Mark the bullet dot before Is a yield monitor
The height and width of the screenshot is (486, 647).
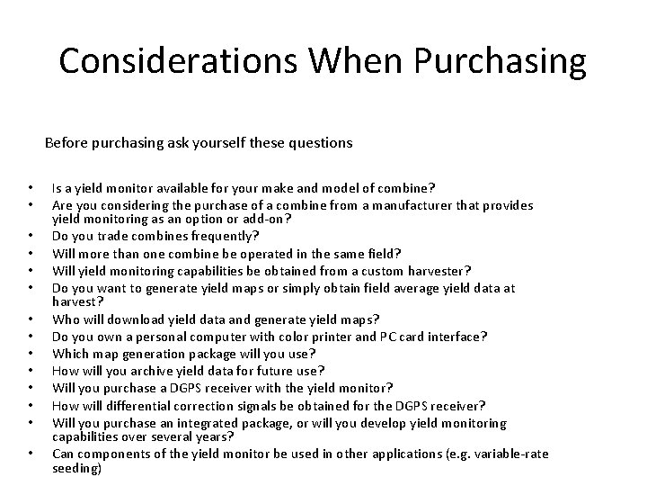click(x=30, y=189)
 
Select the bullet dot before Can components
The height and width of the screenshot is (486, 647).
click(x=30, y=455)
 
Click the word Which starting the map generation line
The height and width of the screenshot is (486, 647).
click(x=70, y=353)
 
